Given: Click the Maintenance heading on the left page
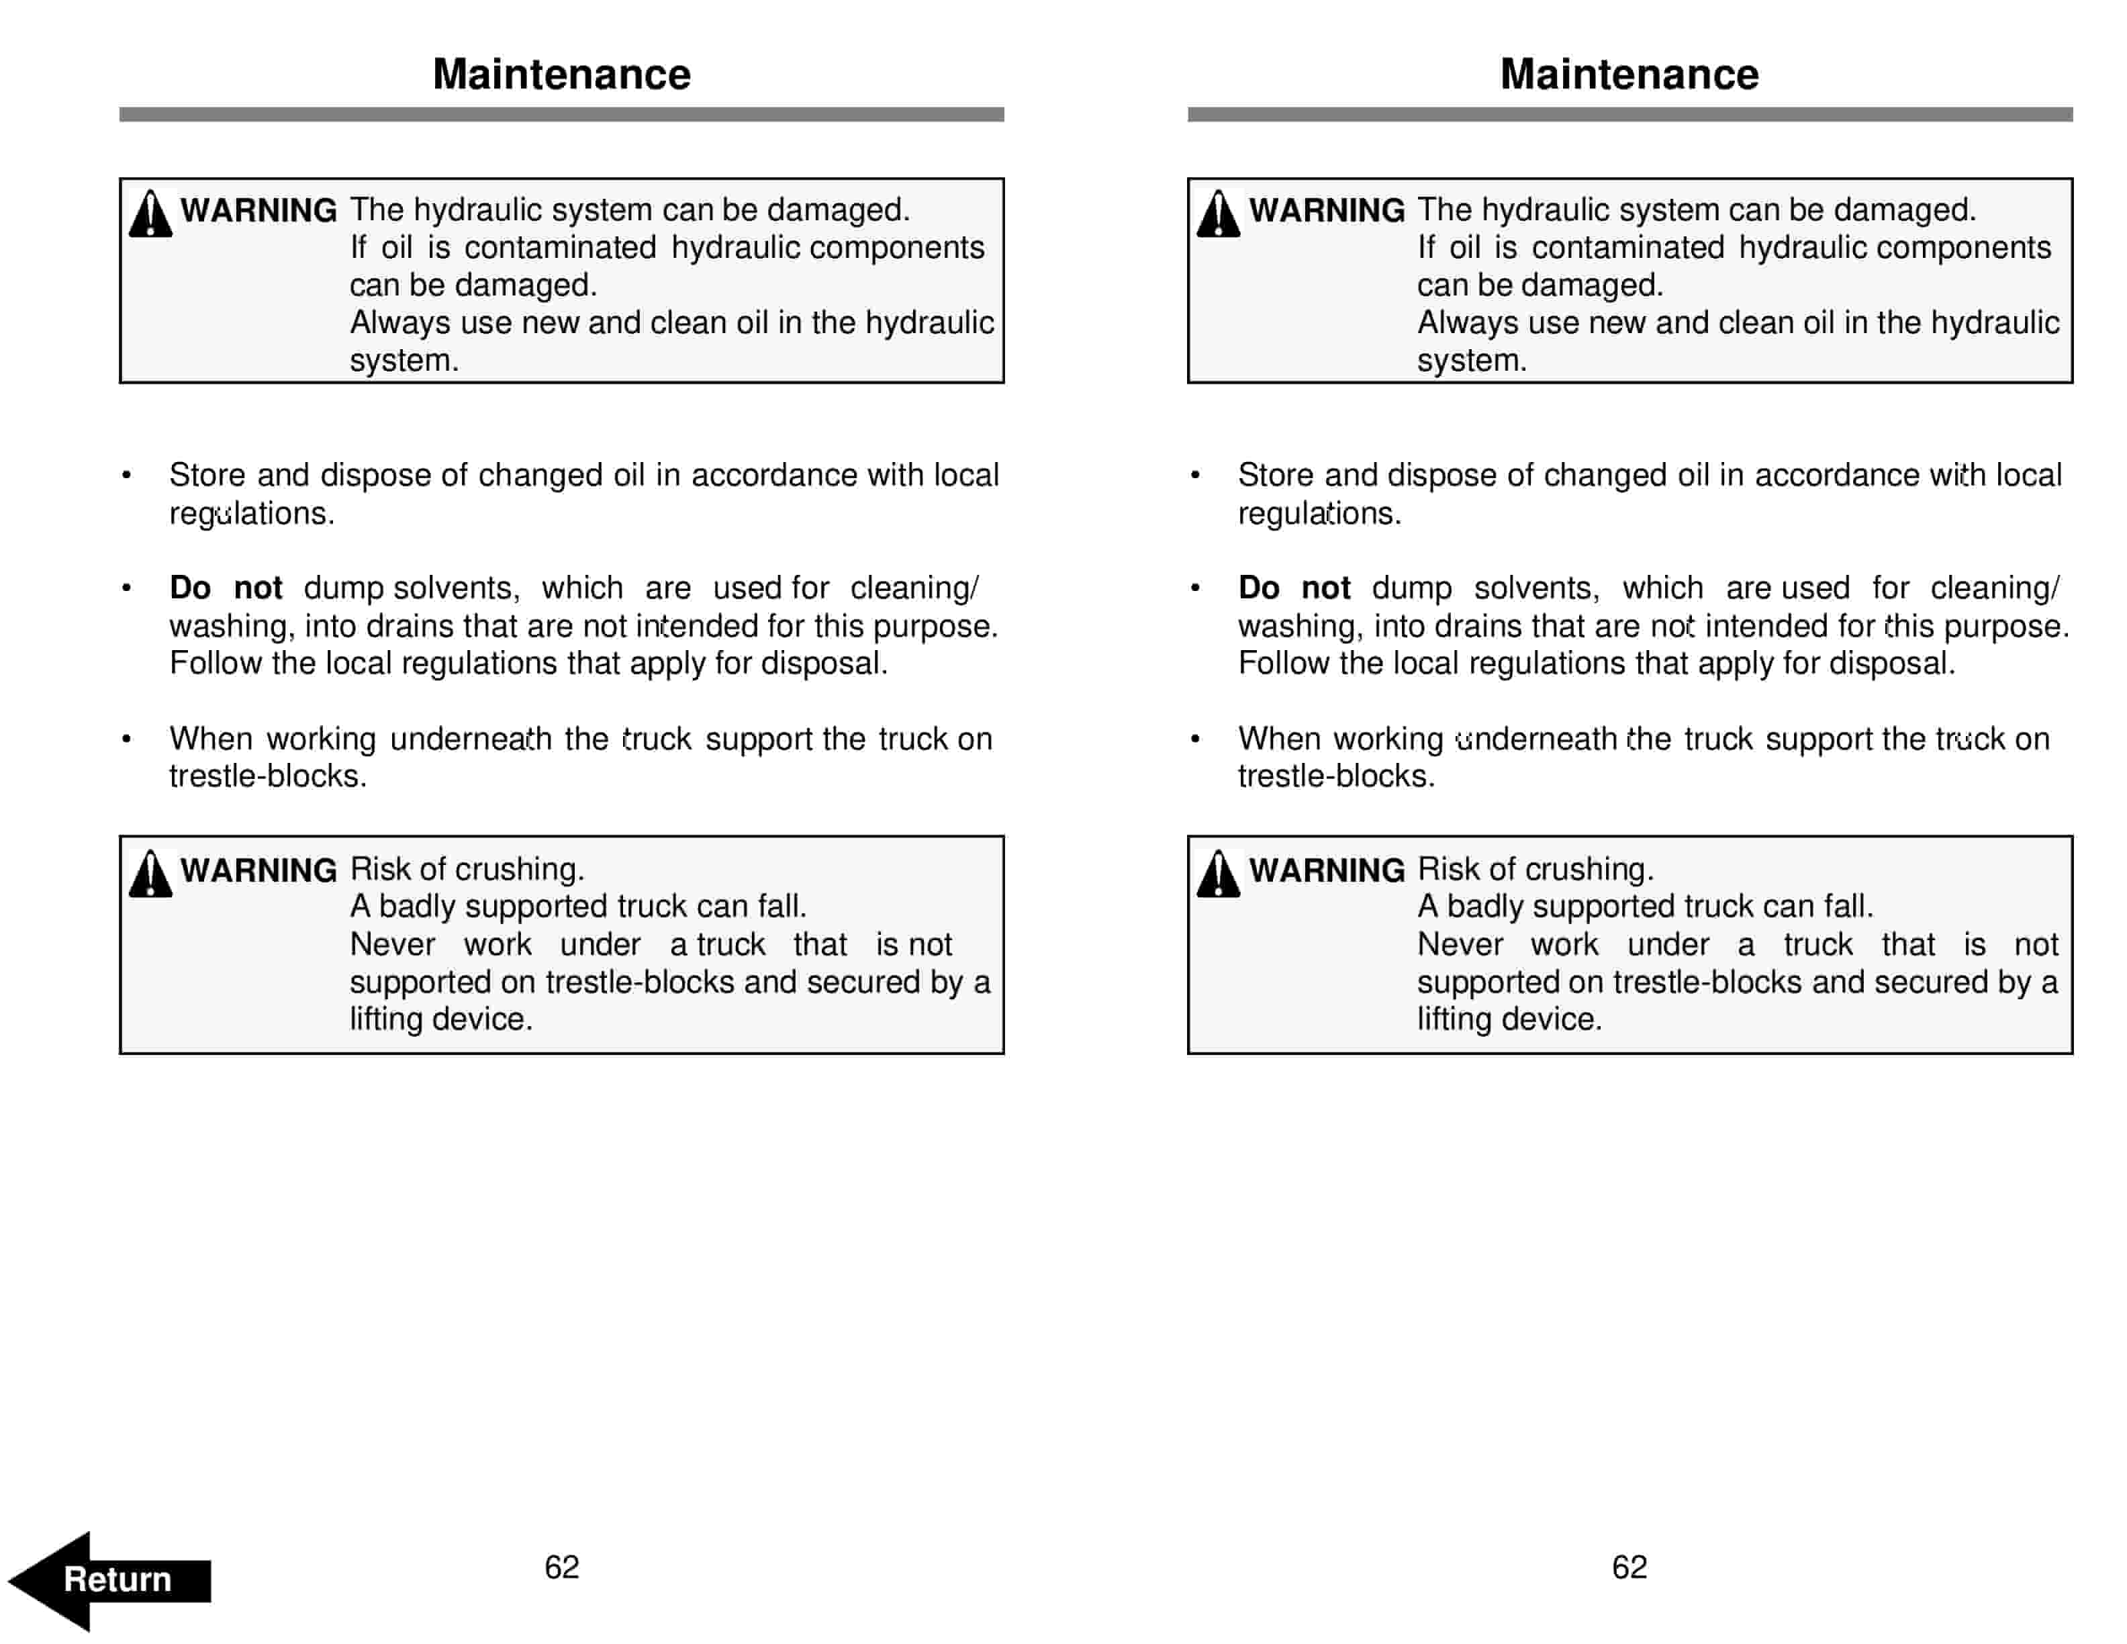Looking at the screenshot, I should tap(561, 75).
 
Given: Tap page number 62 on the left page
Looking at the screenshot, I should tap(561, 1566).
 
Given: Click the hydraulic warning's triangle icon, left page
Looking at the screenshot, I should tap(150, 214).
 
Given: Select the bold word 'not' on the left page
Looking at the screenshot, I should tap(258, 588).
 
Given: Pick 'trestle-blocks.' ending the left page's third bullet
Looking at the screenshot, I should tap(268, 776).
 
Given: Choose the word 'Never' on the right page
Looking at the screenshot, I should tap(1460, 944).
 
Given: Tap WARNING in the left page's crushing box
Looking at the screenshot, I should tap(258, 870).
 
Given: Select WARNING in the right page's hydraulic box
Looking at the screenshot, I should tap(1327, 210).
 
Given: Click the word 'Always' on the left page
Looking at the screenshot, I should tap(400, 322).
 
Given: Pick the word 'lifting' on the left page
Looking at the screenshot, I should tap(387, 1019).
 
